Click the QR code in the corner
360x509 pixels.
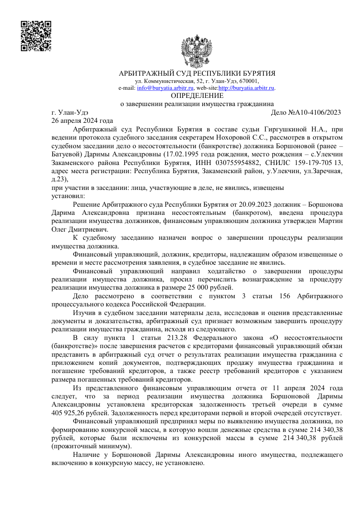point(35,36)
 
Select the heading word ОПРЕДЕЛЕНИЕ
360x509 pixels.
point(197,96)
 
